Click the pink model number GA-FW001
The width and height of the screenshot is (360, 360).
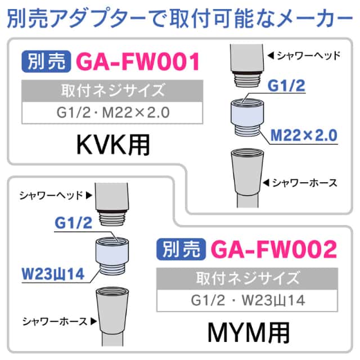pos(138,61)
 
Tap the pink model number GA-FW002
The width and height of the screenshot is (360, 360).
pos(274,249)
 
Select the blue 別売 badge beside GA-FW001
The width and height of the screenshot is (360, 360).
pos(46,61)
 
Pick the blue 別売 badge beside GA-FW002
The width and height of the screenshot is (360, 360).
pos(181,249)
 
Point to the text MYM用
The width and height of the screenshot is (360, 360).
pos(249,333)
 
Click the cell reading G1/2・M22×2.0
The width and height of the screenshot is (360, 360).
pos(112,112)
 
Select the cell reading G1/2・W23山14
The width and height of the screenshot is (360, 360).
pos(247,300)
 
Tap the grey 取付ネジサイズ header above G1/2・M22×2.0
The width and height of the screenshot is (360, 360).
pos(112,91)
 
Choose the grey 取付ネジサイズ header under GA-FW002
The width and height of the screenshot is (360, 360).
pos(247,279)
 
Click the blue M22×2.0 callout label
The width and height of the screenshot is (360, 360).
pos(304,136)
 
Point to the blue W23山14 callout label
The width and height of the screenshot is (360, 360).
pos(53,274)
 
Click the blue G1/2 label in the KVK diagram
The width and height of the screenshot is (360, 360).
pos(286,86)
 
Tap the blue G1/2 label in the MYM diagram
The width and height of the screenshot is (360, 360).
pos(74,223)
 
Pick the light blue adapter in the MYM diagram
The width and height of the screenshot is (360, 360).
pos(112,256)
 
